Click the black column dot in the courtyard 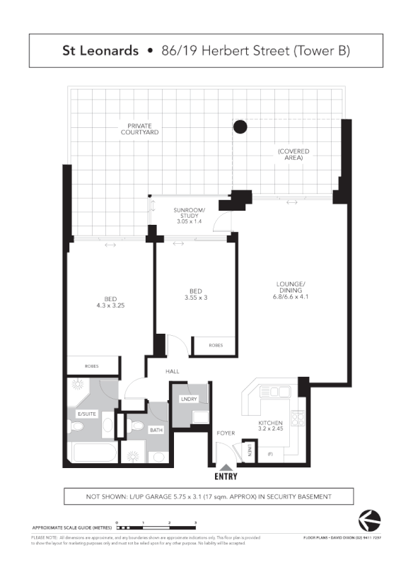(240, 127)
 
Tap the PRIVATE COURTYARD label (139, 129)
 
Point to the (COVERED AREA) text (293, 155)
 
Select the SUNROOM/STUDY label (189, 216)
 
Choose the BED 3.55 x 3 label (196, 295)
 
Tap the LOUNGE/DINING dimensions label (290, 291)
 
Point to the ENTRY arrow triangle (225, 467)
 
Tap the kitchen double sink (274, 391)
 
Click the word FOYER (226, 433)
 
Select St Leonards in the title (100, 51)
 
